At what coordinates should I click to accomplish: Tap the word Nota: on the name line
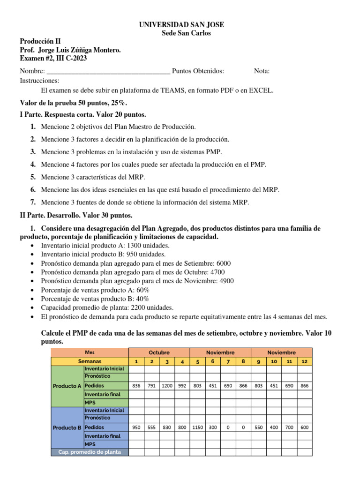point(262,71)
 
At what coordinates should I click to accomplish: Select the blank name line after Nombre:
point(108,72)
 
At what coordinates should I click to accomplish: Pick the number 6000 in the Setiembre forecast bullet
point(222,263)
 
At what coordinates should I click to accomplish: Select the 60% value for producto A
point(141,290)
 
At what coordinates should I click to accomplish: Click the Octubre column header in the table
point(159,352)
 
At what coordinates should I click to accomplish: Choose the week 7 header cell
point(228,361)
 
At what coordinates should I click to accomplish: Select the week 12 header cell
point(304,361)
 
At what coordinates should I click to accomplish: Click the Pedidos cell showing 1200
point(167,386)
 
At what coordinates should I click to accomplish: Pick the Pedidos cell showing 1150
point(197,427)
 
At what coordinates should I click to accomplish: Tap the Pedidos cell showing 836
point(136,386)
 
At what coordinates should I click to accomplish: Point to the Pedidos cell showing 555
point(151,427)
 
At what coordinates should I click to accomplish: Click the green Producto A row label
point(67,386)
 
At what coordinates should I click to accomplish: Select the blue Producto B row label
point(67,427)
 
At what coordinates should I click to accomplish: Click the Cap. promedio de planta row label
point(89,452)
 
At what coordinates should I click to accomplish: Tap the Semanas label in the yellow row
point(89,361)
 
